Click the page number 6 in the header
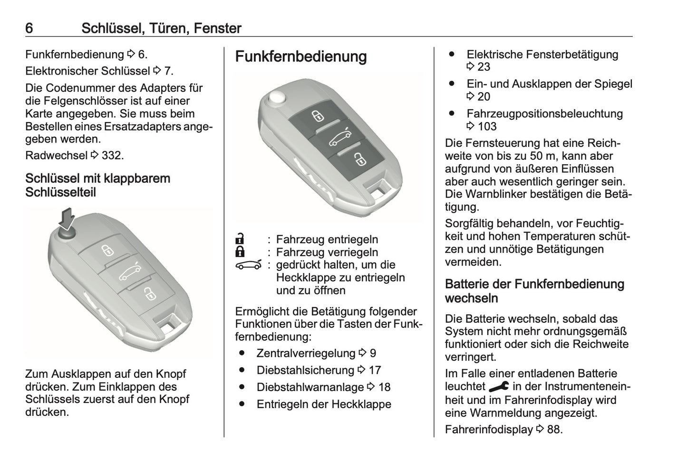[x=29, y=29]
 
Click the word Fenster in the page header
[x=217, y=29]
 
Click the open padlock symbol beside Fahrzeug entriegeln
[x=241, y=239]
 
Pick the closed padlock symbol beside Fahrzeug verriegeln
[x=241, y=252]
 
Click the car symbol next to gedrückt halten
[x=249, y=265]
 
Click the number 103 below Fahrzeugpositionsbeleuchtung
[x=487, y=126]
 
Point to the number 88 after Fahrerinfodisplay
[x=553, y=430]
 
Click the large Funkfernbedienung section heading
[x=301, y=57]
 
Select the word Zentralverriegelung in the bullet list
[x=306, y=353]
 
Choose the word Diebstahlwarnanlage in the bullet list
[x=310, y=387]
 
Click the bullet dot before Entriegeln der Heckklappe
[x=243, y=404]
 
